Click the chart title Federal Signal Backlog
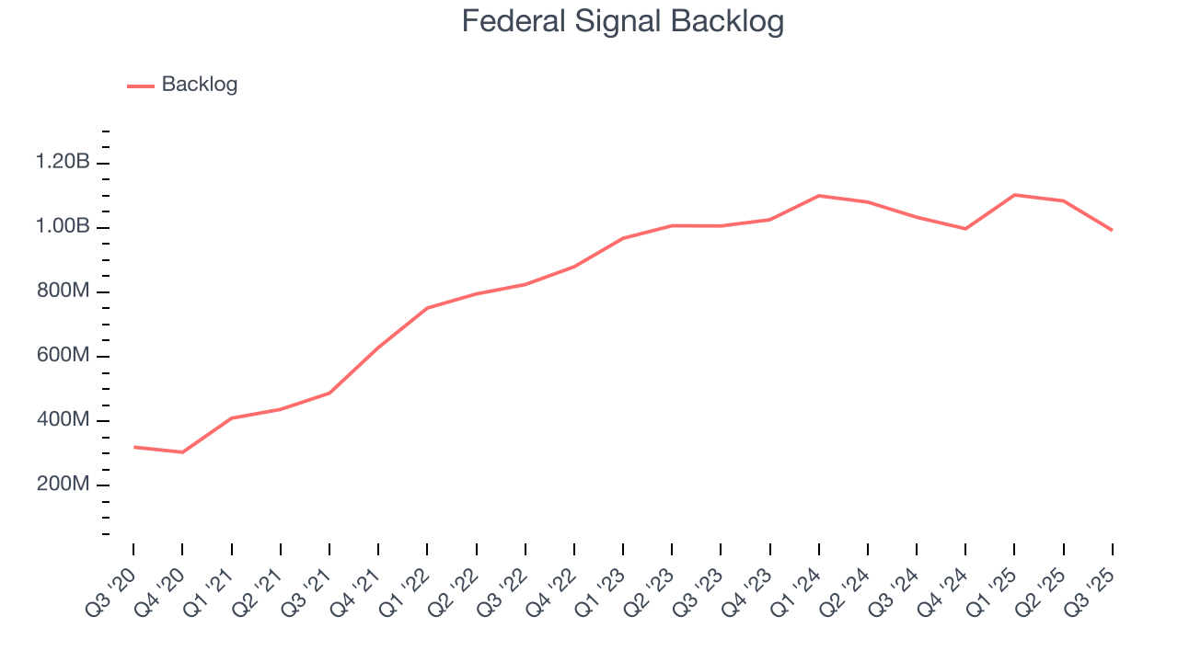tap(622, 21)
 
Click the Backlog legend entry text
tap(199, 85)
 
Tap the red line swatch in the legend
tap(141, 86)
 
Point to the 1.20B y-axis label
tap(63, 163)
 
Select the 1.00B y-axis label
tap(63, 227)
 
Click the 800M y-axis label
tap(63, 291)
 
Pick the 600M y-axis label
tap(63, 356)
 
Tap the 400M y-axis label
tap(63, 420)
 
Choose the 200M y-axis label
tap(63, 485)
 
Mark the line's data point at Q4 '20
tap(182, 452)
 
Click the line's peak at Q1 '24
tap(819, 196)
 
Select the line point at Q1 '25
tap(1015, 195)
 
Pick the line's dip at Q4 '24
tap(965, 229)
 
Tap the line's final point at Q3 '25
tap(1113, 230)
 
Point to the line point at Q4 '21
tap(378, 348)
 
